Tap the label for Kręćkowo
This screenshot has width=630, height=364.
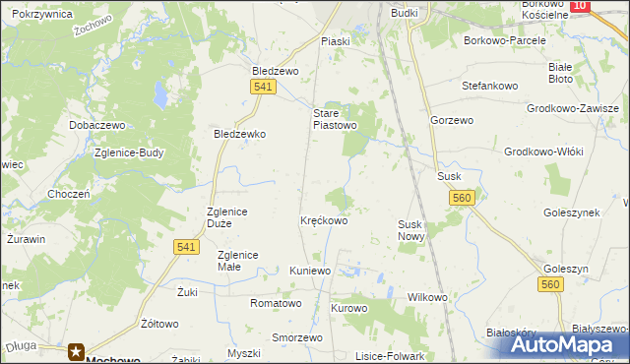(x=324, y=221)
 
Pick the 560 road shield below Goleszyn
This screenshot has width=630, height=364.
(x=550, y=284)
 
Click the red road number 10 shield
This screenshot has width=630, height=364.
(x=580, y=6)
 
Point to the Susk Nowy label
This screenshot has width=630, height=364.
(x=410, y=231)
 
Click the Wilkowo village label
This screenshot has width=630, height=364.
(x=427, y=297)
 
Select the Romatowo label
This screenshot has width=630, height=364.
(x=275, y=304)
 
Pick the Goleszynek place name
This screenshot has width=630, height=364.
(x=571, y=212)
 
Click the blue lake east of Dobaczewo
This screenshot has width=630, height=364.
(x=159, y=96)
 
